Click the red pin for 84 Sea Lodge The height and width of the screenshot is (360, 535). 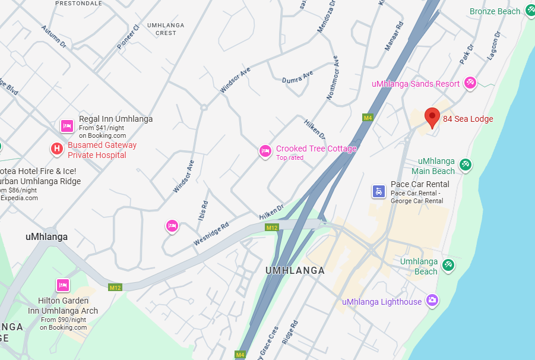tap(432, 117)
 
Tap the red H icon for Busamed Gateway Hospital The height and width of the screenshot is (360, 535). tap(56, 149)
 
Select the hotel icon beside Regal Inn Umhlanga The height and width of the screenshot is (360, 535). tap(67, 126)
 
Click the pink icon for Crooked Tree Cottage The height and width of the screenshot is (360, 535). tap(265, 151)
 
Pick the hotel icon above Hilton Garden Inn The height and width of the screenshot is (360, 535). tap(63, 285)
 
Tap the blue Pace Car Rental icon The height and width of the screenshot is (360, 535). tap(378, 191)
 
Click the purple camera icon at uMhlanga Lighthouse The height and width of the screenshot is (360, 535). tap(432, 300)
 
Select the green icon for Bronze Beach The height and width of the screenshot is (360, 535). tap(530, 11)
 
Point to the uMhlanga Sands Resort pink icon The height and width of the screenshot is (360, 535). tap(470, 83)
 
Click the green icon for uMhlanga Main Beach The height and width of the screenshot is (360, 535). tap(466, 165)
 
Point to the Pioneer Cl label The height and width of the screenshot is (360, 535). tap(128, 37)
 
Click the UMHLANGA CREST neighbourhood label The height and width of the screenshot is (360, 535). tap(166, 29)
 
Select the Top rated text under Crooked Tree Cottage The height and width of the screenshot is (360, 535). tap(290, 158)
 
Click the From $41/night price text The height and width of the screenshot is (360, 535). tap(102, 128)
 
